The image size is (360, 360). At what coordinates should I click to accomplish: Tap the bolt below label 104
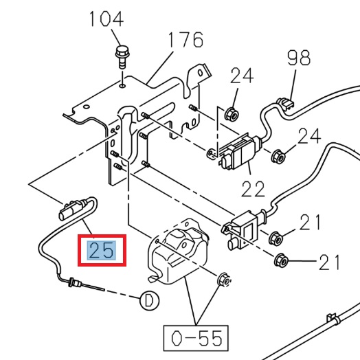click(x=122, y=54)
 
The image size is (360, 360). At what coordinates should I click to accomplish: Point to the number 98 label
click(x=299, y=58)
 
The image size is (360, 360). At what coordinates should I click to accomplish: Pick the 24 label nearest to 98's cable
click(x=309, y=135)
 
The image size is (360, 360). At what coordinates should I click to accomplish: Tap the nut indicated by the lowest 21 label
click(x=280, y=260)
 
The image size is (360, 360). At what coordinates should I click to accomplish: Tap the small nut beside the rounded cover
click(x=223, y=280)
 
